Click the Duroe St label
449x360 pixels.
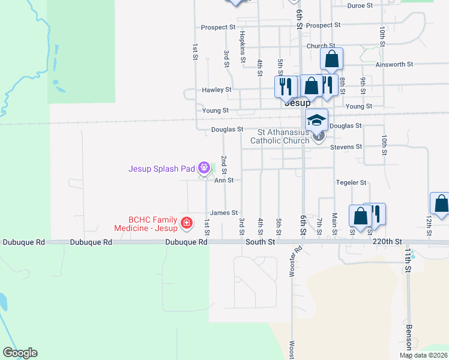[360, 5]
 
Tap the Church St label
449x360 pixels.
[320, 46]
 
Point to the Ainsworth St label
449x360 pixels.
[394, 64]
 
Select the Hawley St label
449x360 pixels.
[216, 90]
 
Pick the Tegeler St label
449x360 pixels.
[351, 182]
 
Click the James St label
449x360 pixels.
[224, 213]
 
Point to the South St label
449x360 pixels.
[260, 242]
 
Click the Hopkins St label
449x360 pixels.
[243, 47]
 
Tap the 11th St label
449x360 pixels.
[408, 260]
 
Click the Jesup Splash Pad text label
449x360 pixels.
[162, 169]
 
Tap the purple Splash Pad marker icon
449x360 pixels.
[205, 167]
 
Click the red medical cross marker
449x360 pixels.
[186, 223]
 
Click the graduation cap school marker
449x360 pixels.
[316, 119]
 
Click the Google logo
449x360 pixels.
[20, 353]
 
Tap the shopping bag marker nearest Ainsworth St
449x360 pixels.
[331, 59]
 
